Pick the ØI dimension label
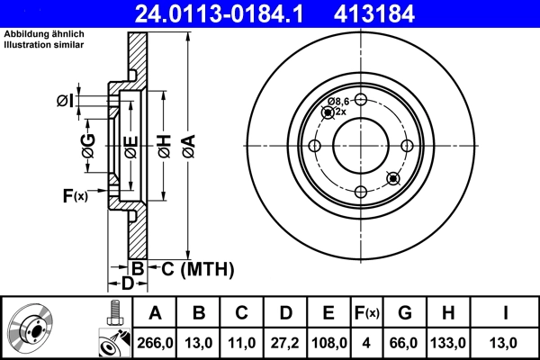coord(65,101)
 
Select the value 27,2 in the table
coord(285,342)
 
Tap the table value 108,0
coord(328,342)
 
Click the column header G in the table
coord(405,313)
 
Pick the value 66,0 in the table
coord(405,342)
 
